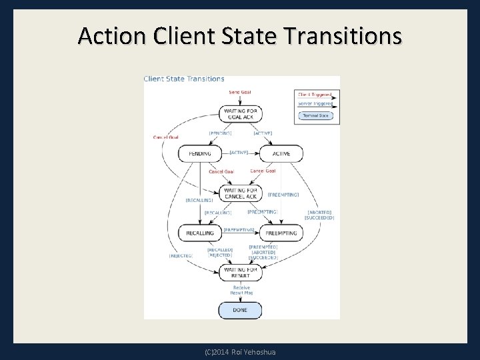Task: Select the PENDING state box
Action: click(x=200, y=154)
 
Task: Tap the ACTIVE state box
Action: click(x=281, y=154)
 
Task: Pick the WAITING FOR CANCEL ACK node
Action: click(x=241, y=193)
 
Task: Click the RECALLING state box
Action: click(x=200, y=233)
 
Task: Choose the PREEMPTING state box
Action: click(x=281, y=233)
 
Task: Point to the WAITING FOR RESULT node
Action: click(x=241, y=272)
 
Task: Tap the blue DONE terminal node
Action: click(x=240, y=310)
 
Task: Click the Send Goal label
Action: click(x=240, y=92)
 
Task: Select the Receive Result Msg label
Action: click(x=241, y=290)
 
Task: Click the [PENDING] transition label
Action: click(x=220, y=133)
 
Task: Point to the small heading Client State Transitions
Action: click(x=184, y=79)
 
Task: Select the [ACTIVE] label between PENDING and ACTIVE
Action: click(x=239, y=152)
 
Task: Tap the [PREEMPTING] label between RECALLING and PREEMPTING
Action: click(x=239, y=229)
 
